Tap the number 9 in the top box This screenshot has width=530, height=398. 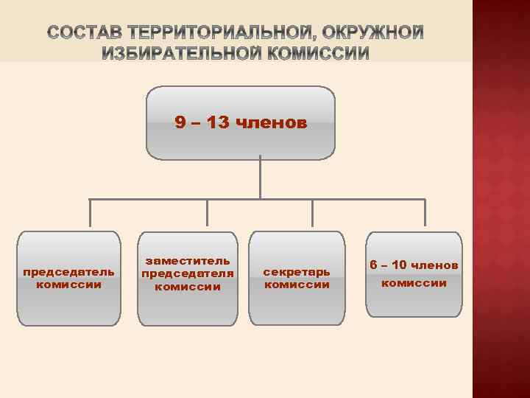pos(179,122)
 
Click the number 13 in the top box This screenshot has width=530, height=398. pos(217,122)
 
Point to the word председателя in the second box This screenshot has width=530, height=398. pos(188,273)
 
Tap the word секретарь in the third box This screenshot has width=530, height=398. pos(297,271)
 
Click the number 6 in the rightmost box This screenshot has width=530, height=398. pos(373,265)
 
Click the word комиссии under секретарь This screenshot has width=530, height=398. pos(297,284)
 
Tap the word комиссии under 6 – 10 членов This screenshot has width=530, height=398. pos(414,283)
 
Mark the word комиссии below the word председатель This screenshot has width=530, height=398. pos(68,284)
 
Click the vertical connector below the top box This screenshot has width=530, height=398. pos(261,177)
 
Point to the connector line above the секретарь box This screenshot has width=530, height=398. pos(313,214)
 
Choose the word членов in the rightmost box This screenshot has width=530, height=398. pos(435,265)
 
